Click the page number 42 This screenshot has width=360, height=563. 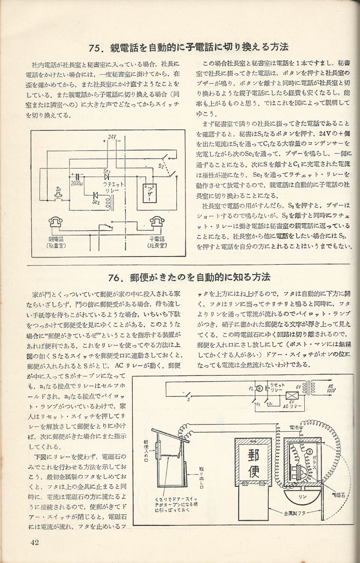click(34, 543)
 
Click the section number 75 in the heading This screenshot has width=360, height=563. click(97, 47)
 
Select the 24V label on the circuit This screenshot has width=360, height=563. click(112, 137)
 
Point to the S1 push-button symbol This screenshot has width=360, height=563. click(58, 197)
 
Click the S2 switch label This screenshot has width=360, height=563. click(161, 167)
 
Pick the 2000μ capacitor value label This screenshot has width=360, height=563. click(78, 183)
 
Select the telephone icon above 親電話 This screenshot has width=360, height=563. click(56, 223)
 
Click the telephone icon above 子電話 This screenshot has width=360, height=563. click(158, 223)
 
